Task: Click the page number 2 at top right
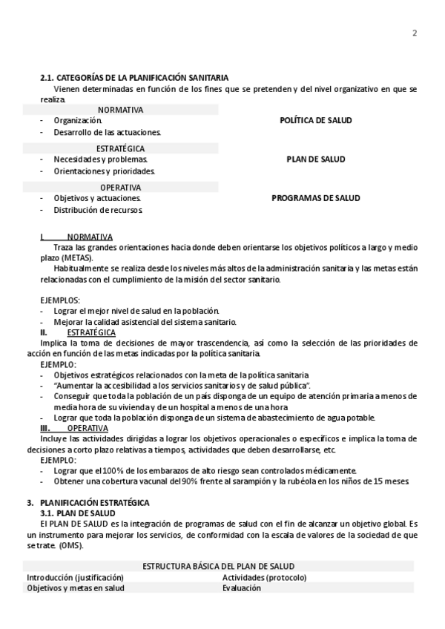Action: click(415, 33)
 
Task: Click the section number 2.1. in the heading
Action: click(47, 78)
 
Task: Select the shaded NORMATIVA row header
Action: click(121, 110)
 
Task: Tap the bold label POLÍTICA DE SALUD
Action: click(315, 120)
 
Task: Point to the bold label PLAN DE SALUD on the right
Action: click(315, 159)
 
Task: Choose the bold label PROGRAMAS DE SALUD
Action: click(315, 198)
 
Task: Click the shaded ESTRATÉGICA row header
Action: click(120, 148)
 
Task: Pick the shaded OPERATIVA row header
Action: click(121, 188)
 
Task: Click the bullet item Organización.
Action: click(78, 120)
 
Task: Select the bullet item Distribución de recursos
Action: click(98, 210)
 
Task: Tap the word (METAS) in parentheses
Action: click(76, 258)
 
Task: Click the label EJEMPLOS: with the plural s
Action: click(60, 300)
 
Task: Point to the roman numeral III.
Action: click(45, 428)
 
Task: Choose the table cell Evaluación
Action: click(242, 588)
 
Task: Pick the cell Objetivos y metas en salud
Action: click(76, 588)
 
